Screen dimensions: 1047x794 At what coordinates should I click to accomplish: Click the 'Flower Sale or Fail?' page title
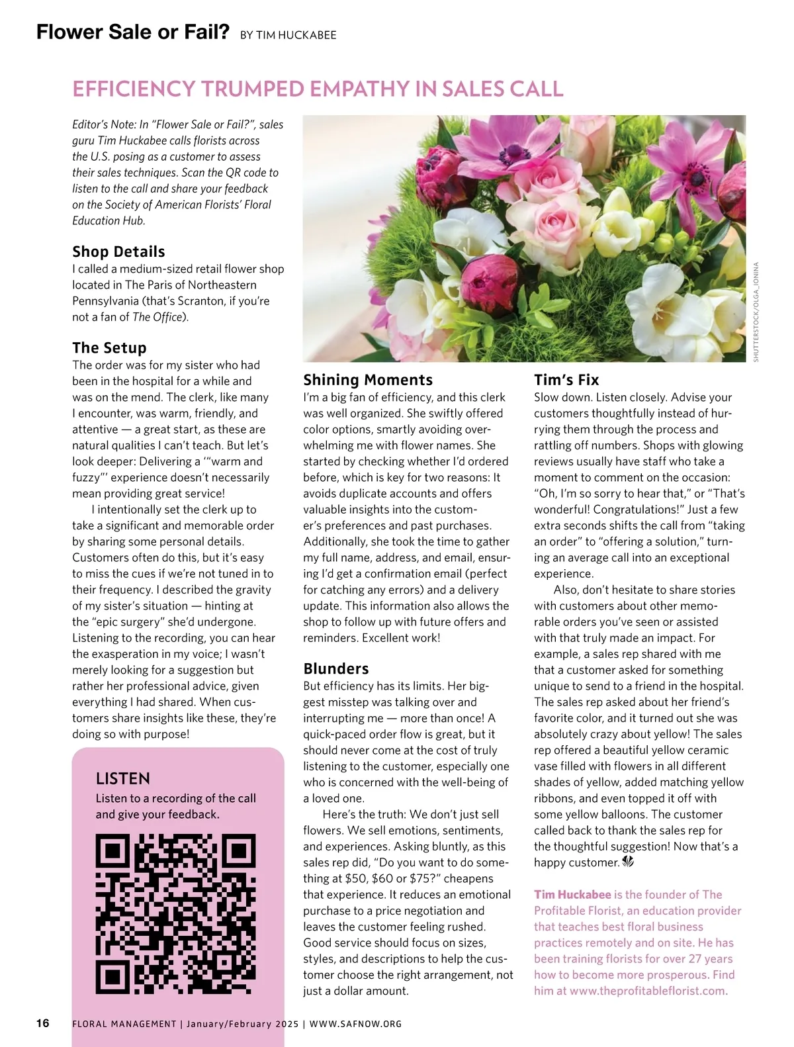[132, 32]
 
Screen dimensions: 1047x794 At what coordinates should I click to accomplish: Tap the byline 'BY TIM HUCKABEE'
[288, 35]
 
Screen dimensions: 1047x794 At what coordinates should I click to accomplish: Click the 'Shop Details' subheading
[118, 251]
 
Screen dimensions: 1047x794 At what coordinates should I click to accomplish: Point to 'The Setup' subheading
[109, 348]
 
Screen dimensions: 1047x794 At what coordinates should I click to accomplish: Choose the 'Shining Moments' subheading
[368, 380]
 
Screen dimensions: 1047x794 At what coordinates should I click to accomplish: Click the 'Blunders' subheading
[336, 668]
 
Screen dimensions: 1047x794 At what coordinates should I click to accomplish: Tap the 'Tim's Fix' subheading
[566, 380]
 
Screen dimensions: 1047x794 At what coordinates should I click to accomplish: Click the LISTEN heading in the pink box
[123, 778]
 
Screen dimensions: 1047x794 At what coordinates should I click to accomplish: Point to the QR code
[176, 915]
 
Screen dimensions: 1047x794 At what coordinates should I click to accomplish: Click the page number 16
[43, 1023]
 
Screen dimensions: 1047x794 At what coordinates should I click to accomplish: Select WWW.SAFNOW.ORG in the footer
[355, 1024]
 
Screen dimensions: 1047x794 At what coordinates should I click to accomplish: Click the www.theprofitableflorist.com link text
[648, 991]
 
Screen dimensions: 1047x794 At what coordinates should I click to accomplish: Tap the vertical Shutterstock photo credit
[756, 312]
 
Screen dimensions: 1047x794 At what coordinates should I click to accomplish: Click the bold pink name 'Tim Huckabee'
[572, 895]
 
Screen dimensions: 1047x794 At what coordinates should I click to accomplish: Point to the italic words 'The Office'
[157, 317]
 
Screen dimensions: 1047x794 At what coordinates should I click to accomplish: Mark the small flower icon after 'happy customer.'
[628, 862]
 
